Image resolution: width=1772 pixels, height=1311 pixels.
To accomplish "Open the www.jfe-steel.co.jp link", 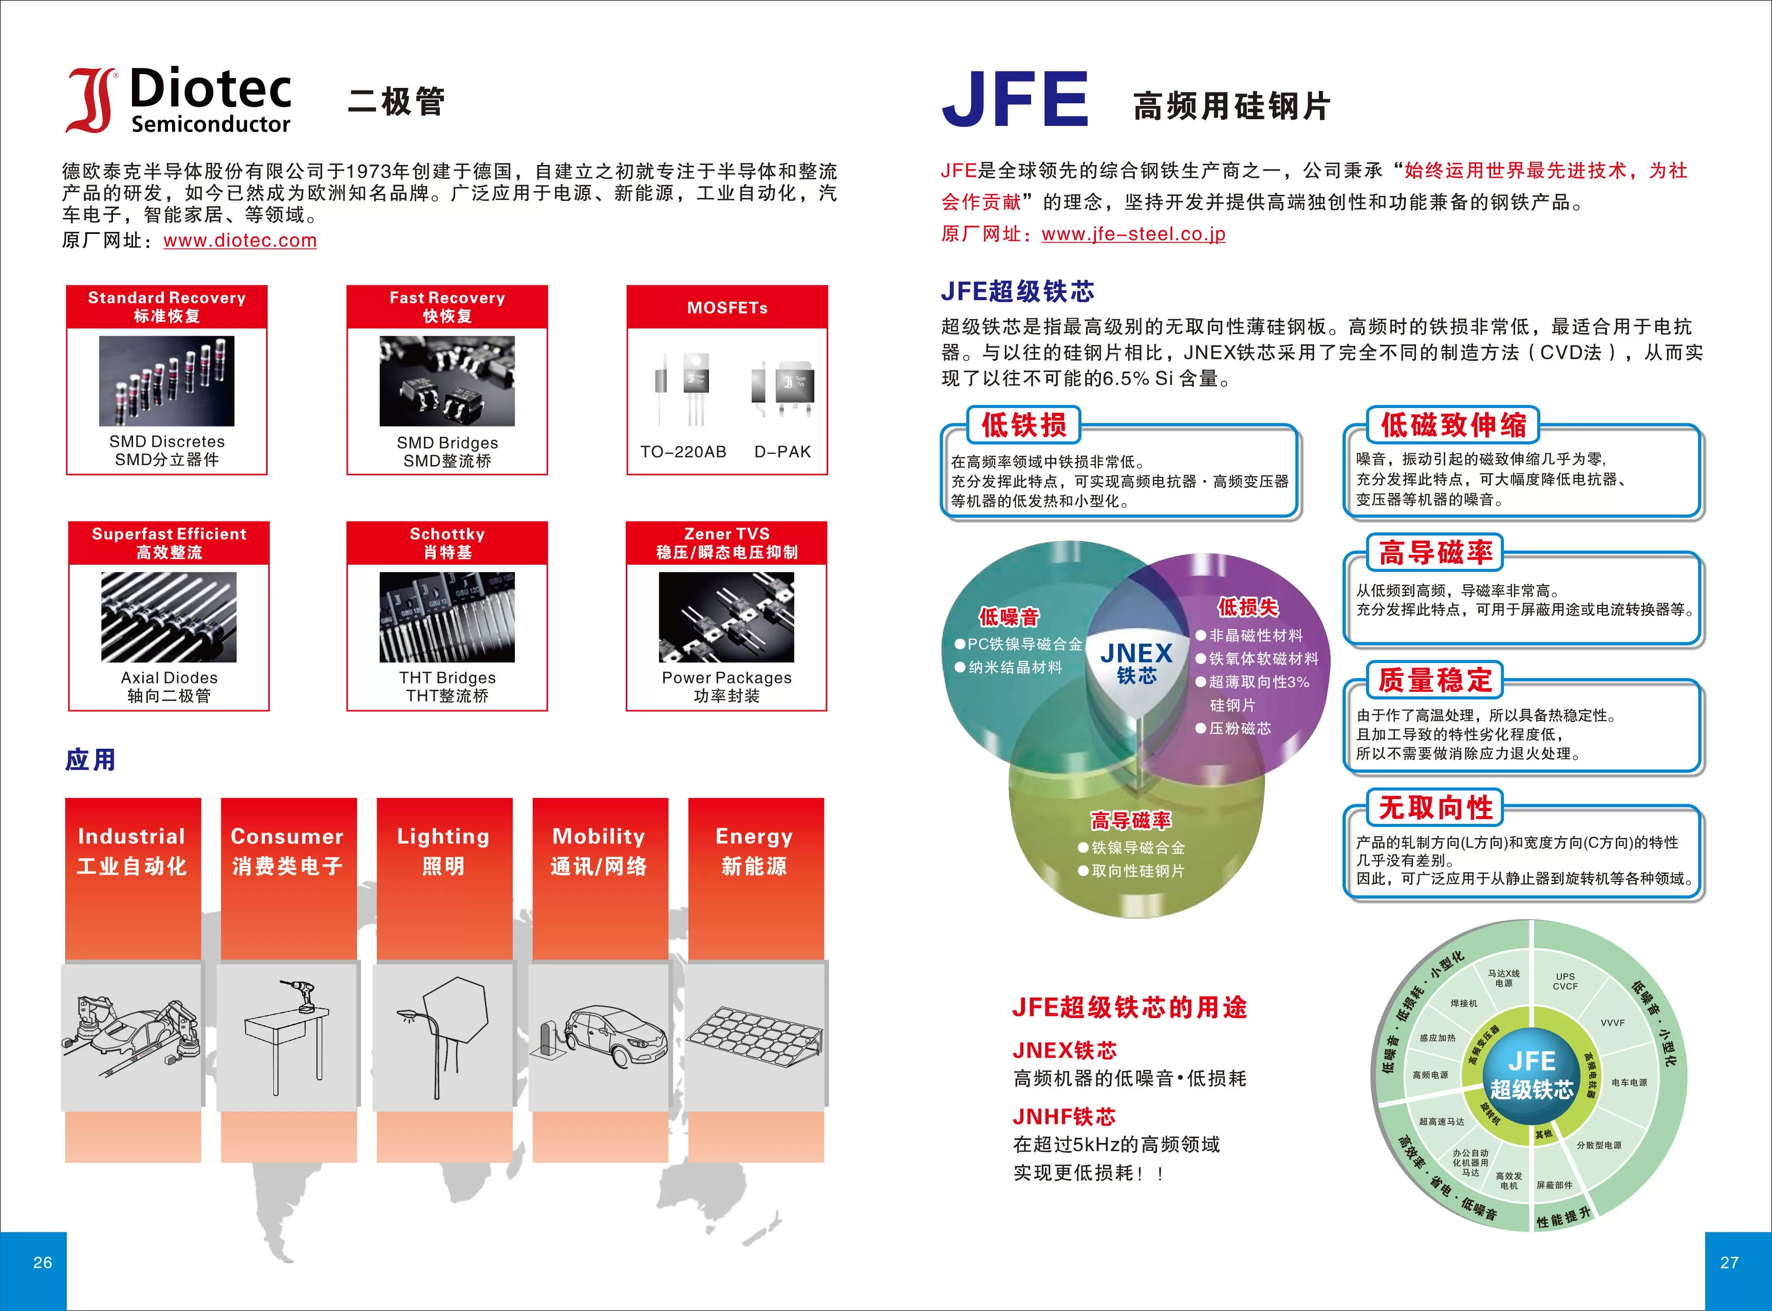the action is [x=1133, y=234].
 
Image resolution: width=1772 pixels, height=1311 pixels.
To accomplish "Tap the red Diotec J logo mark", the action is [x=91, y=100].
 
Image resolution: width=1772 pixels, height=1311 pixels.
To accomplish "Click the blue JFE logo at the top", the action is [x=1015, y=99].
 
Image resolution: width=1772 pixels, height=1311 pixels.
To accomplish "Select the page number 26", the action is [x=43, y=1262].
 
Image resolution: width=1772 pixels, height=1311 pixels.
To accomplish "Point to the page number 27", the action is [x=1729, y=1262].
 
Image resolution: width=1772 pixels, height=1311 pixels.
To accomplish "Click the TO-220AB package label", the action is [x=683, y=452].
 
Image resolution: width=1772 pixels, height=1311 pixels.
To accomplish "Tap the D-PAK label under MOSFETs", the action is [x=782, y=452].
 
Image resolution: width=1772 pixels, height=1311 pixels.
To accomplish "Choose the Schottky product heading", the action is [x=447, y=534].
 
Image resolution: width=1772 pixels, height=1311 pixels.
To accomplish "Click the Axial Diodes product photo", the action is [x=169, y=617].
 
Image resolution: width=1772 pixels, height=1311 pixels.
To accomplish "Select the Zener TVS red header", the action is [x=726, y=543].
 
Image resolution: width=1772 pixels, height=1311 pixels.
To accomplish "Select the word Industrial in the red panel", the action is [x=132, y=837].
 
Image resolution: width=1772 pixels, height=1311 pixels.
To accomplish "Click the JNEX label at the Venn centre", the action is [x=1136, y=653].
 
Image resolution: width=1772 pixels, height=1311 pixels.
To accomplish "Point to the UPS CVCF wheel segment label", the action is [x=1565, y=982].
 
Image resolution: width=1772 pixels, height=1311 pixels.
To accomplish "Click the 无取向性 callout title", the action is [x=1435, y=808].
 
